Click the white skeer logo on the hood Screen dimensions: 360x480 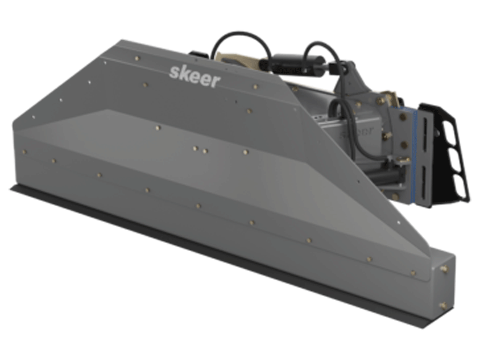tap(195, 76)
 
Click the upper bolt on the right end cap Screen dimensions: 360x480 tap(443, 269)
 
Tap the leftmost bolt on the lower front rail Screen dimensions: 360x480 tap(25, 152)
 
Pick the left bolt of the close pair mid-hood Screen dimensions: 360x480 tap(195, 149)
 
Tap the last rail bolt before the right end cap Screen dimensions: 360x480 tap(413, 272)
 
